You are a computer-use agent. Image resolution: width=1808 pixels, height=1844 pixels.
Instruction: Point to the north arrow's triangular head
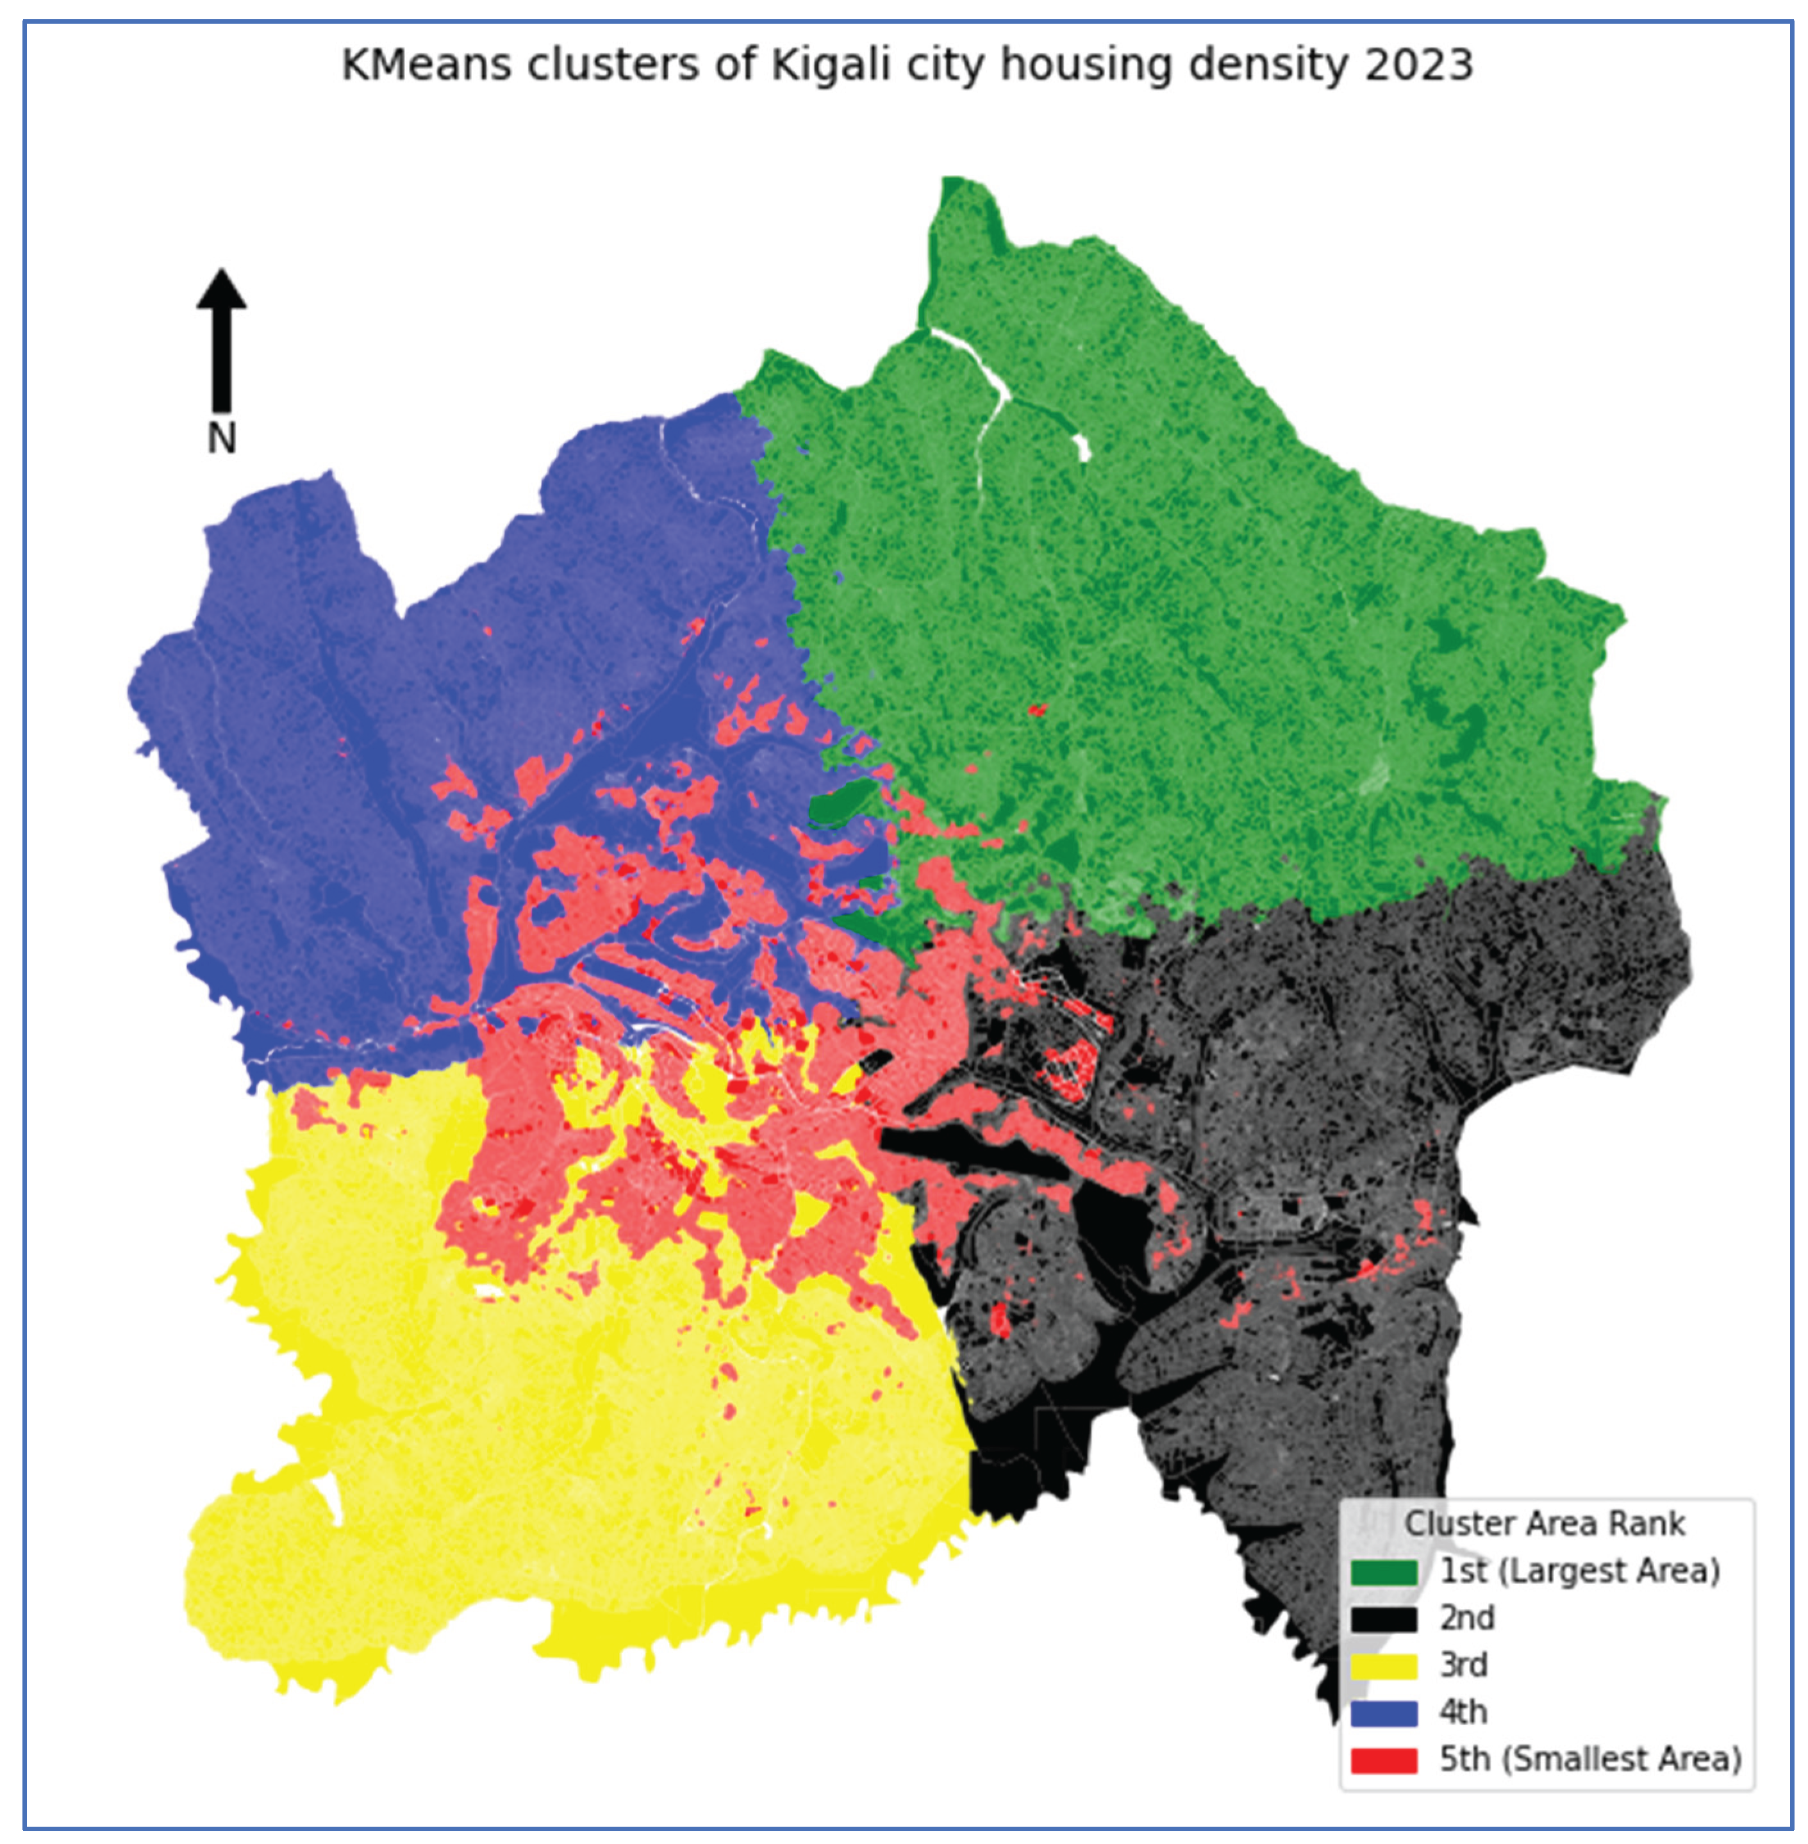[221, 290]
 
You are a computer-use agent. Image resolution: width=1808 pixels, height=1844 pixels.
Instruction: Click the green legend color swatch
[1382, 1572]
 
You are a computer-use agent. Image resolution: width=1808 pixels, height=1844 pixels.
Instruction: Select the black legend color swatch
[1382, 1620]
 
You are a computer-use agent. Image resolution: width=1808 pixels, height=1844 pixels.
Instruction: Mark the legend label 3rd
[1463, 1665]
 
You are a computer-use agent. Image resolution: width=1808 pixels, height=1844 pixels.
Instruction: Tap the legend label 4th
[1463, 1713]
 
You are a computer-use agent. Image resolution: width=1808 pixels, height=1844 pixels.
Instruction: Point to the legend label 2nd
[1467, 1619]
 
